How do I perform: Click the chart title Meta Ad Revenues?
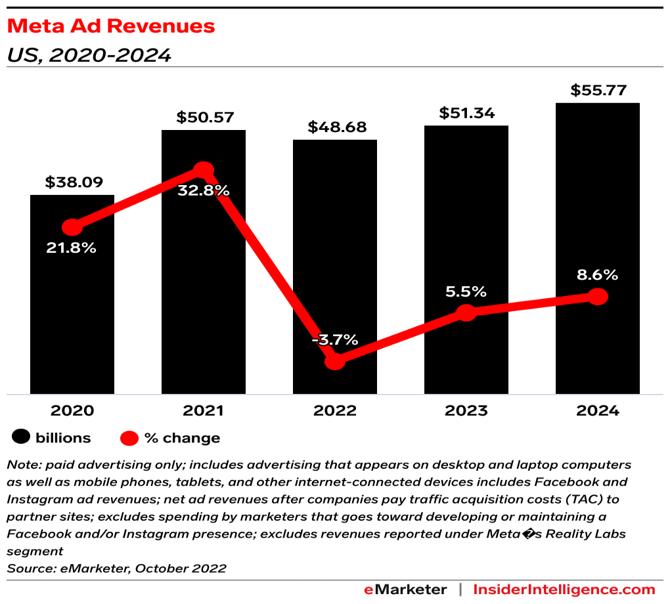(110, 26)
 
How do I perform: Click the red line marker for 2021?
(204, 171)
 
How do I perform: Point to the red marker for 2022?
(335, 360)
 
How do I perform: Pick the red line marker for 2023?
(466, 313)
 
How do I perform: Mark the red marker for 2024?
(597, 297)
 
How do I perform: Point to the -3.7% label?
(335, 339)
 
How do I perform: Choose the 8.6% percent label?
(597, 276)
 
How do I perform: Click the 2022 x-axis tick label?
(335, 411)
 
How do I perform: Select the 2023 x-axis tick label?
(466, 411)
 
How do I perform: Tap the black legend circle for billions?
(21, 437)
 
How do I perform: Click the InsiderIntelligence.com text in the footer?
(564, 589)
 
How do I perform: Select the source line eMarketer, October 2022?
(116, 568)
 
